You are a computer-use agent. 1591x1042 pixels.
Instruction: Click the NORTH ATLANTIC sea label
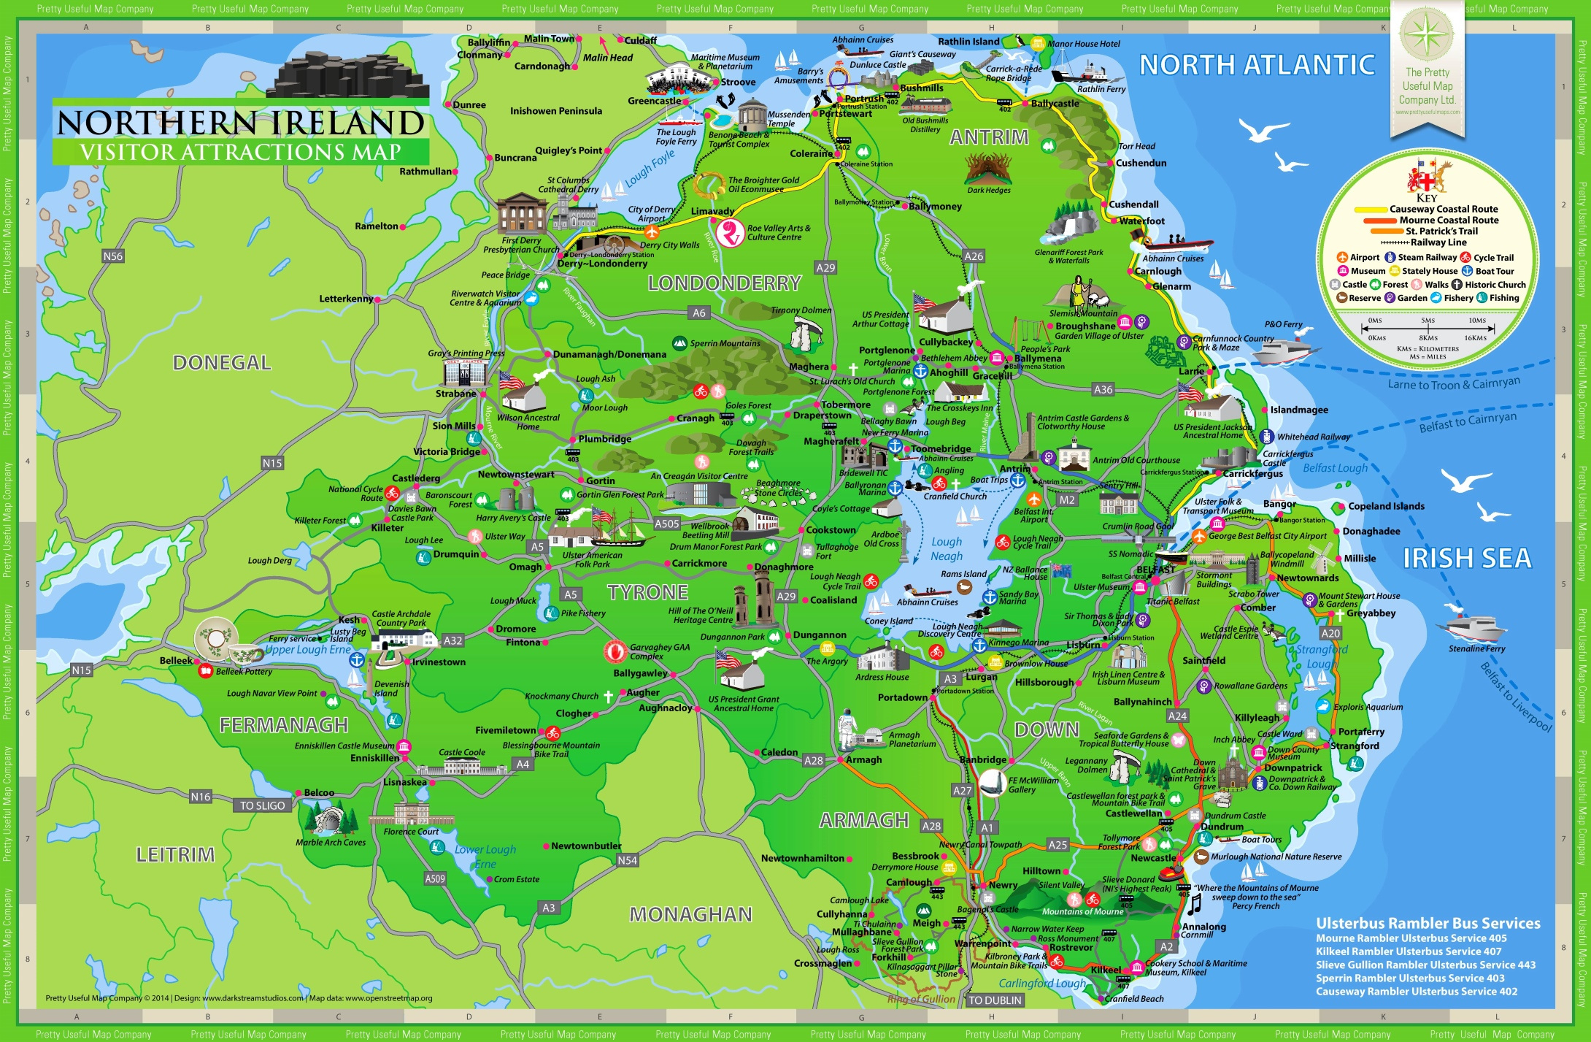[1257, 65]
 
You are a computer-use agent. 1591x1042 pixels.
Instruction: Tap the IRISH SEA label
[1467, 559]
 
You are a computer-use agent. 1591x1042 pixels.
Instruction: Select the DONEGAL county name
[222, 363]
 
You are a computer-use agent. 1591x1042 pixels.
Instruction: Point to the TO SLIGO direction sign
[263, 805]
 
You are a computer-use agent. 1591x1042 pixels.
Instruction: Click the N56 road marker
[113, 256]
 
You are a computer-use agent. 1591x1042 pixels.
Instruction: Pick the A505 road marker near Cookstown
[666, 524]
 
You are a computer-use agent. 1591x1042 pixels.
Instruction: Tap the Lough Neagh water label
[947, 548]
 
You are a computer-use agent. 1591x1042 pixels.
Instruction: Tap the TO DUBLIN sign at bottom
[995, 1000]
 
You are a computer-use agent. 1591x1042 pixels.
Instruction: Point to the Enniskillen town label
[374, 758]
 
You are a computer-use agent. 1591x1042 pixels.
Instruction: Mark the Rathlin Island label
[968, 42]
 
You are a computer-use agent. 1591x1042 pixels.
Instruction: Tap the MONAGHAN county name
[690, 914]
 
